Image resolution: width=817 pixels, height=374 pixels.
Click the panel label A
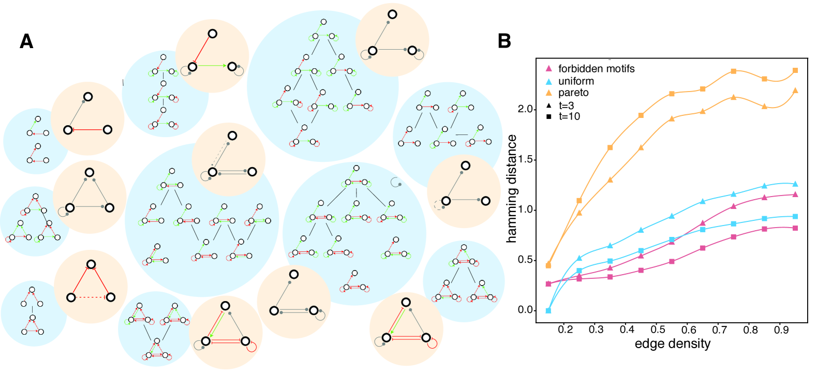coord(26,41)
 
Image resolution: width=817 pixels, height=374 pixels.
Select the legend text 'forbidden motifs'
coord(596,69)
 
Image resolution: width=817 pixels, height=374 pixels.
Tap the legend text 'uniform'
coord(576,81)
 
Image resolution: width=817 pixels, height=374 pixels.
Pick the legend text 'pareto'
coord(573,93)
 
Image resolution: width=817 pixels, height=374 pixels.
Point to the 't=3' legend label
coord(567,106)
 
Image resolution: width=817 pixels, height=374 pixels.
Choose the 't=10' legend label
coord(569,117)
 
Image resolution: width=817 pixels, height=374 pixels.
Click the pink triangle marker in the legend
coord(549,69)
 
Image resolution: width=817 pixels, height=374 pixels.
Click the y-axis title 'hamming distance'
coord(512,189)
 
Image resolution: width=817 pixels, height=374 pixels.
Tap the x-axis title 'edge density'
coord(673,344)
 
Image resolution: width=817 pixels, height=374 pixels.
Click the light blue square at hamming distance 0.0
coord(548,310)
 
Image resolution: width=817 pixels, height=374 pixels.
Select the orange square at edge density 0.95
coord(795,70)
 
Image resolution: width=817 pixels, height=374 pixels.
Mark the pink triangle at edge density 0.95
coord(795,195)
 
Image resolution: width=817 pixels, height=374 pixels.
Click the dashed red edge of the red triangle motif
coord(91,297)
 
